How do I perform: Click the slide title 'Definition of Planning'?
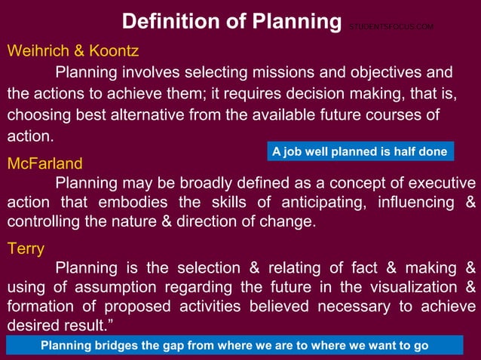tap(231, 20)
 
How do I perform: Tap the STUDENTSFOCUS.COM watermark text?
tap(391, 27)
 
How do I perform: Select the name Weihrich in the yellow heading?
tap(35, 51)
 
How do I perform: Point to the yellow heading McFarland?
tap(44, 163)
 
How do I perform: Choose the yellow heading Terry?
tap(26, 248)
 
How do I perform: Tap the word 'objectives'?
tap(361, 73)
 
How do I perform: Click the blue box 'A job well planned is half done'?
tap(360, 151)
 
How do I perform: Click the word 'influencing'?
tap(410, 203)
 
